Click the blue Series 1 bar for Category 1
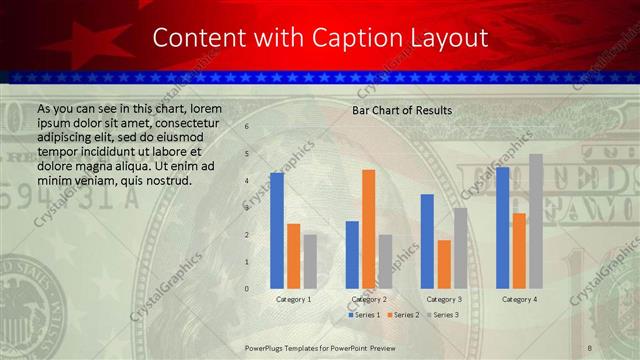tap(277, 231)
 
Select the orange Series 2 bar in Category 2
tap(369, 229)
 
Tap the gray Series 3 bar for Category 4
tap(536, 221)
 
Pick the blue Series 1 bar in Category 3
tap(427, 241)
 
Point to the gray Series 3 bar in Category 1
tap(310, 261)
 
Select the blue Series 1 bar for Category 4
tap(502, 228)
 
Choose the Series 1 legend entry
tap(365, 315)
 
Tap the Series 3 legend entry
tap(441, 315)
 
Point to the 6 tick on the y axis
tap(247, 128)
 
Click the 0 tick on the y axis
tap(247, 289)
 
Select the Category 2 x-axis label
tap(369, 299)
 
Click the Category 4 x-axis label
tap(519, 299)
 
